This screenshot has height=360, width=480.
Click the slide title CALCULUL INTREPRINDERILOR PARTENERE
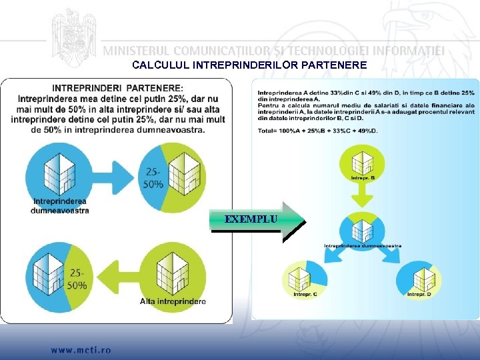(x=249, y=65)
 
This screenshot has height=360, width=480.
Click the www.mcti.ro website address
(x=81, y=349)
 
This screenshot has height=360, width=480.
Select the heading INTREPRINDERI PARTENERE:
(x=117, y=87)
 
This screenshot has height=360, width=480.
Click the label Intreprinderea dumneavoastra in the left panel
(x=60, y=205)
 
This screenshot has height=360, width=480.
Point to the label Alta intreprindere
(x=173, y=301)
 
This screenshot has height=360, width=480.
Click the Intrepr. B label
(x=363, y=178)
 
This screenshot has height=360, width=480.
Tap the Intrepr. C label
(x=305, y=294)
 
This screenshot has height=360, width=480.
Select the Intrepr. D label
(x=419, y=294)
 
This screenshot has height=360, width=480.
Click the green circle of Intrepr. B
(x=363, y=163)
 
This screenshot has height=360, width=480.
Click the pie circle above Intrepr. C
(x=305, y=277)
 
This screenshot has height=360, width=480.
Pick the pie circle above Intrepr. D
(x=419, y=277)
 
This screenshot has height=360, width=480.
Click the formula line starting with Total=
(x=317, y=130)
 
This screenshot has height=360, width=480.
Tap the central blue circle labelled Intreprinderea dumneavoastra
(x=363, y=229)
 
